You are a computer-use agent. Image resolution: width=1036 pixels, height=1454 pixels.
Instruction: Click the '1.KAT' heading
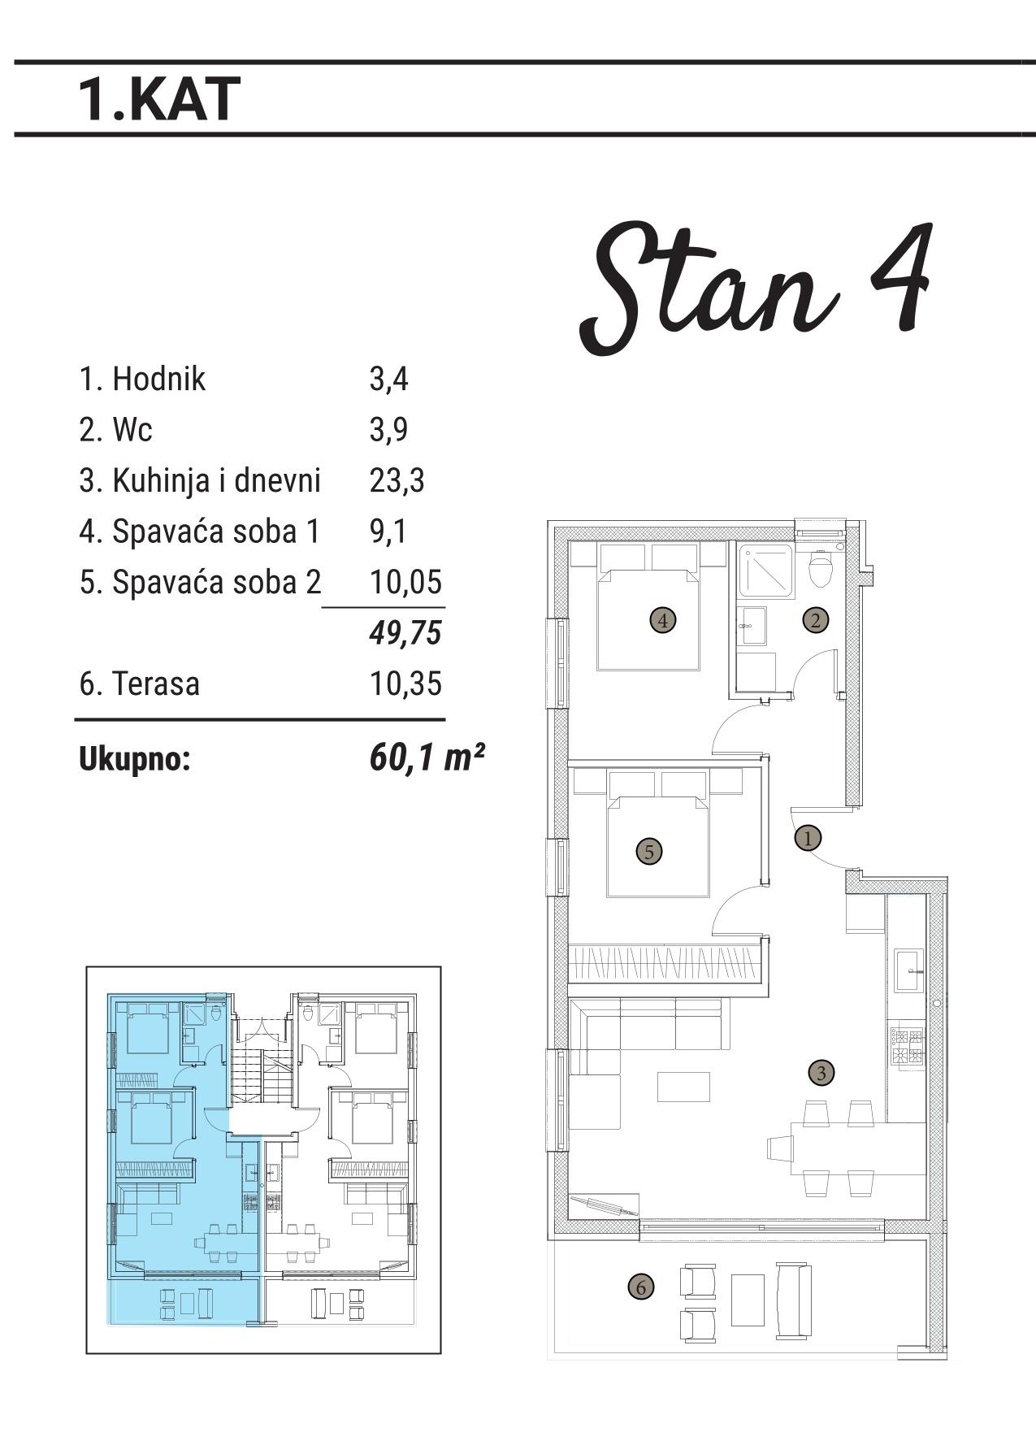159,99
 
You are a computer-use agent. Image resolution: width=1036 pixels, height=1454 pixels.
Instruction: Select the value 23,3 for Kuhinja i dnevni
397,480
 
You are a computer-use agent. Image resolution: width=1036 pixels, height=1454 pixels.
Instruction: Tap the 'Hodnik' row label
159,379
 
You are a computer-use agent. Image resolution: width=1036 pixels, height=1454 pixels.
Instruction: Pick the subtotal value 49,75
405,632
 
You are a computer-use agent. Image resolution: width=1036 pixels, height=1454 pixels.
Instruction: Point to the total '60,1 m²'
427,757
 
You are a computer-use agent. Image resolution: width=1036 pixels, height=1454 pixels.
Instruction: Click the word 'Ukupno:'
134,760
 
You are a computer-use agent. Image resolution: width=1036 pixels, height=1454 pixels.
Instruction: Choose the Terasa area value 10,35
405,684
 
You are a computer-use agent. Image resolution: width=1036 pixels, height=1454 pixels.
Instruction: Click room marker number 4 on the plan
663,621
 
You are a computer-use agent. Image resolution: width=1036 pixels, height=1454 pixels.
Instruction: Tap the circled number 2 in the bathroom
816,620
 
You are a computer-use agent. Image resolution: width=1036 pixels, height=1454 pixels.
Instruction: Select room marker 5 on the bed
648,852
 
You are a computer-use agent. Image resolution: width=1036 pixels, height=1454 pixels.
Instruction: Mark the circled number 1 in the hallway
808,837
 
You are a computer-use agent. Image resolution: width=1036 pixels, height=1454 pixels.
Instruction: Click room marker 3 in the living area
821,1073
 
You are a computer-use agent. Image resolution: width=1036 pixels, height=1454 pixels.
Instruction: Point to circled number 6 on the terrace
641,1287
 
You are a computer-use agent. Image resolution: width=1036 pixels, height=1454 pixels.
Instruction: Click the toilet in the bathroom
821,568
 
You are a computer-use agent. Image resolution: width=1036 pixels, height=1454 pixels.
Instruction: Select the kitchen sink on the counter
909,970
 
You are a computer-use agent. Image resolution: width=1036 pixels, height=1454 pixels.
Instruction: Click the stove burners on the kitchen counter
907,1046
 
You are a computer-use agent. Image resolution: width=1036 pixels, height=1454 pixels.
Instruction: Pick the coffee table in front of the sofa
683,1087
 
